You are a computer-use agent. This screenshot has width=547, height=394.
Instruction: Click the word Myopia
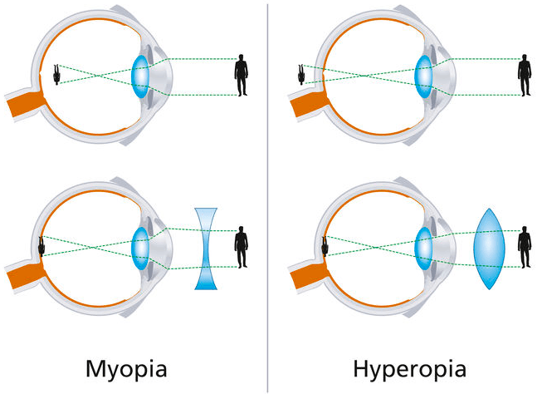[x=136, y=366]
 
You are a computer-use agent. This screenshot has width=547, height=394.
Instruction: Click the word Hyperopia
[x=409, y=366]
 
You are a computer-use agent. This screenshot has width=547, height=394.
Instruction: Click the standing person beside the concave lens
[x=242, y=248]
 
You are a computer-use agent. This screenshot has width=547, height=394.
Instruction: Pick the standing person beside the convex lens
[x=524, y=248]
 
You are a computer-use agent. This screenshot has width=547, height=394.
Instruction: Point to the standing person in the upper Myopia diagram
[x=242, y=75]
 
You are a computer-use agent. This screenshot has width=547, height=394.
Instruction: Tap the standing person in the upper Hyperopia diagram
[x=524, y=75]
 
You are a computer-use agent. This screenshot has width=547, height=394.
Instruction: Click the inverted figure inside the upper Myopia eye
[x=56, y=74]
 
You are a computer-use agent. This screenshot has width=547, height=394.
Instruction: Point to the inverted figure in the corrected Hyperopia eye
[x=325, y=247]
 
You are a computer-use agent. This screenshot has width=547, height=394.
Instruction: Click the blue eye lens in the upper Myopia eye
[x=141, y=74]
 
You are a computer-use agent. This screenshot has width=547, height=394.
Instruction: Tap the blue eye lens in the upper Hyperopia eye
[x=425, y=74]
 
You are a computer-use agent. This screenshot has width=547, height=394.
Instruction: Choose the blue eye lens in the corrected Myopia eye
[x=141, y=247]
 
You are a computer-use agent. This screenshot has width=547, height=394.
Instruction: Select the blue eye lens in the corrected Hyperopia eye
[x=425, y=247]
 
